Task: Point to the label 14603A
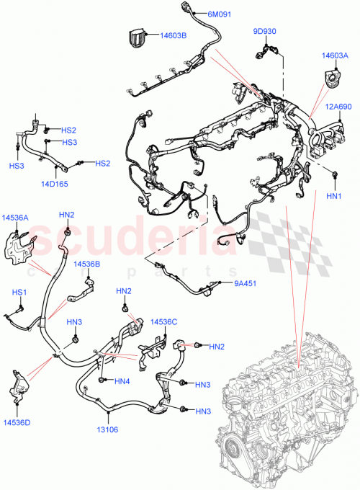point(336,55)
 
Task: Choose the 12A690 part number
point(336,107)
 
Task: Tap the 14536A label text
point(15,217)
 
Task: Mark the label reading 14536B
point(86,264)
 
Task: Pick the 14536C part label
point(164,321)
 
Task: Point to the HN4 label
point(122,380)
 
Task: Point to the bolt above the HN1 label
point(336,174)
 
